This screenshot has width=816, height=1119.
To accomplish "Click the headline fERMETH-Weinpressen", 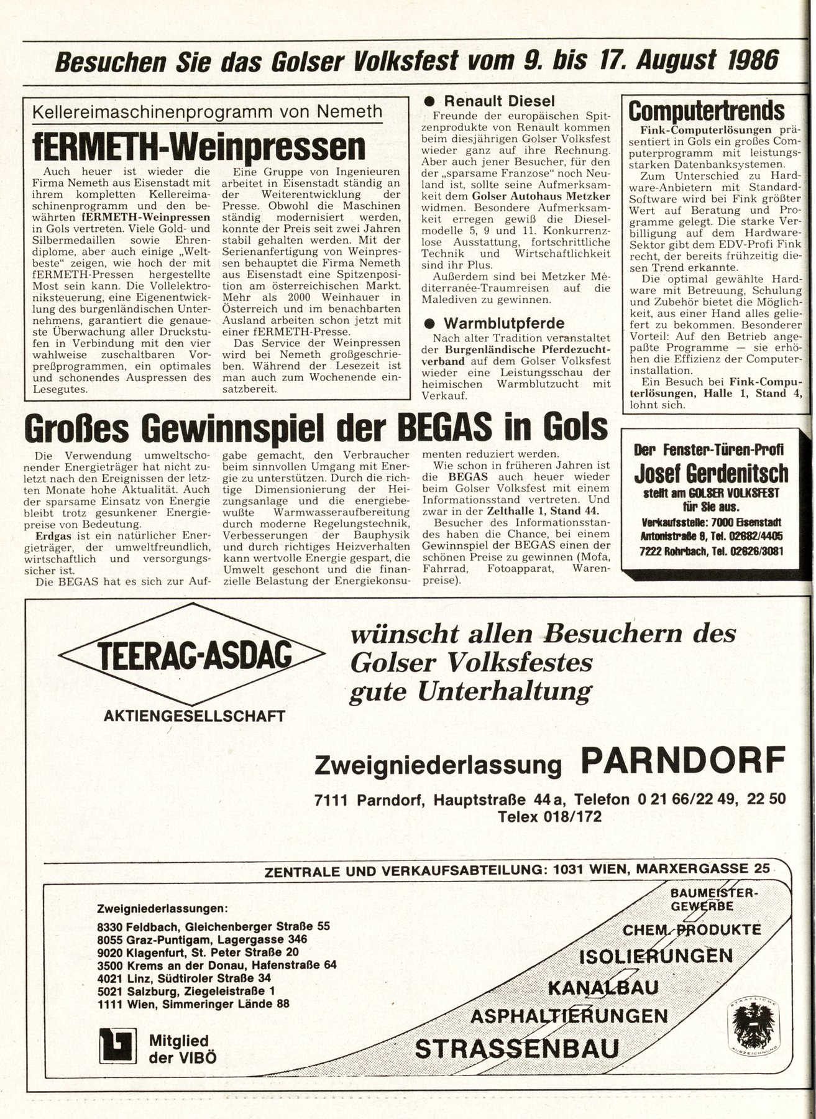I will click(199, 145).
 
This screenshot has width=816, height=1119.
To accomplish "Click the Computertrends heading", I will click(707, 111).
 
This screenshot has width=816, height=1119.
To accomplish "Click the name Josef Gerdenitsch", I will click(711, 474).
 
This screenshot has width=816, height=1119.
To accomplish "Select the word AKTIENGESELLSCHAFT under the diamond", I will click(195, 716).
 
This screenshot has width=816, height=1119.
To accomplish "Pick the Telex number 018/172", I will click(549, 816).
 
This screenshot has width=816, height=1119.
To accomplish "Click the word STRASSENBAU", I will click(516, 1049).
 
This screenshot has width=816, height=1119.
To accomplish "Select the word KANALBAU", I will click(603, 987).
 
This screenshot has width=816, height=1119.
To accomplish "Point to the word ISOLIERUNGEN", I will click(656, 956).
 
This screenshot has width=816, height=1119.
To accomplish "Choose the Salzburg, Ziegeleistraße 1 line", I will click(186, 990).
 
